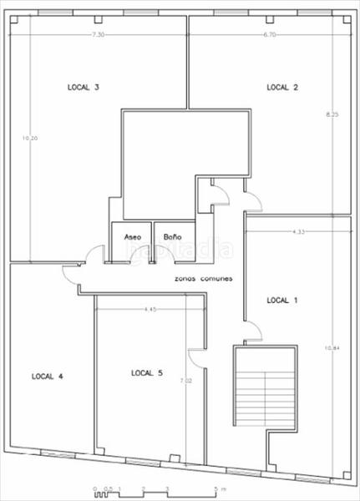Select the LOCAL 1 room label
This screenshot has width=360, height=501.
281,299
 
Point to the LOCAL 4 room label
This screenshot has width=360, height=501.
48,376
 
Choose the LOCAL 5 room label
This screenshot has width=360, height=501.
147,372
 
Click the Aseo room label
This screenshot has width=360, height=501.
133,236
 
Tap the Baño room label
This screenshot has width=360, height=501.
172,236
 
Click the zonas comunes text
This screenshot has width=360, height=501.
204,278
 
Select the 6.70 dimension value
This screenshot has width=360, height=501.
269,34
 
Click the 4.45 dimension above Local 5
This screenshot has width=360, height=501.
150,310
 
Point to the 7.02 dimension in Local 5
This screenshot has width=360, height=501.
198,382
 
